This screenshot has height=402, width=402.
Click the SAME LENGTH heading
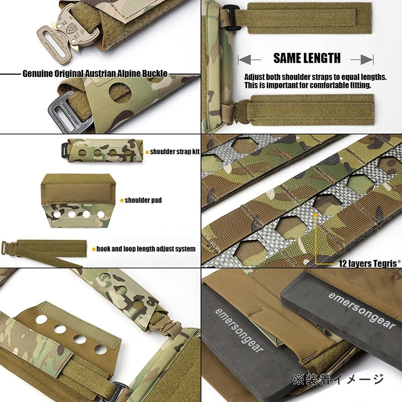point(307,58)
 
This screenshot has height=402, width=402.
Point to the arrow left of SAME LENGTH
point(249,60)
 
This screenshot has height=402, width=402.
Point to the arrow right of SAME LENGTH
point(362,60)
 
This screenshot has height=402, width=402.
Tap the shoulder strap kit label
point(174,152)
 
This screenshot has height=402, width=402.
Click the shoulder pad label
point(143,200)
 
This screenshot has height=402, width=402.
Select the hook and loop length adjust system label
point(146,249)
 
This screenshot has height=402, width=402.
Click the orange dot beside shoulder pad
point(122,200)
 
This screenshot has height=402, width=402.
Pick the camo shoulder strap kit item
point(100,150)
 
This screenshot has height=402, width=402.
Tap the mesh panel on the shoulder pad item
point(76,194)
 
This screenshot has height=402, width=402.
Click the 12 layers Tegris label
point(369,263)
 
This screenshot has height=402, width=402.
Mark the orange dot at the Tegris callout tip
point(316,215)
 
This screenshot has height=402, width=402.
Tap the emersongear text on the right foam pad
point(362,311)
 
